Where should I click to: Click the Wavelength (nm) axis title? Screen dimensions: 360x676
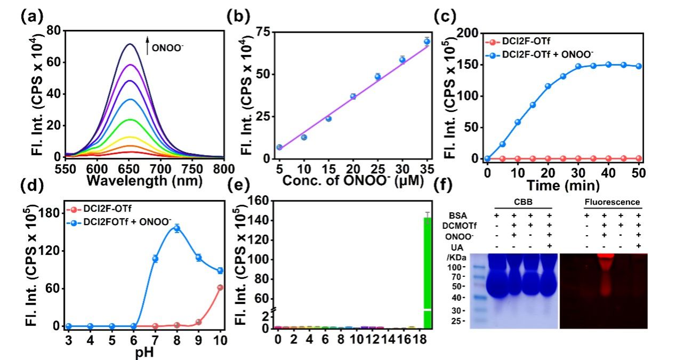coord(138,181)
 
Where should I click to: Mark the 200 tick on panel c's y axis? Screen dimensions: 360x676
coord(470,33)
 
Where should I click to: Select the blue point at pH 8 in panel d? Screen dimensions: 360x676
coord(176,228)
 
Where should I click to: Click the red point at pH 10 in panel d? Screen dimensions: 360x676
coord(220,287)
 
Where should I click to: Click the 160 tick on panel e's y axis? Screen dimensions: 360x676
coord(260,201)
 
